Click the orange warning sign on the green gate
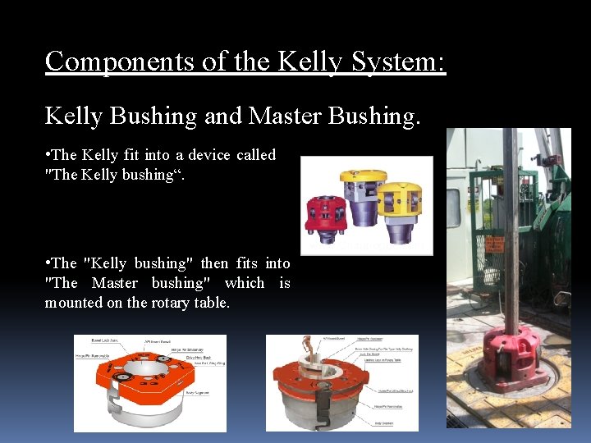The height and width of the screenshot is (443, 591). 495,244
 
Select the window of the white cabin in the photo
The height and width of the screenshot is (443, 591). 453,208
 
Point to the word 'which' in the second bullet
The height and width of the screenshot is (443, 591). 245,283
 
